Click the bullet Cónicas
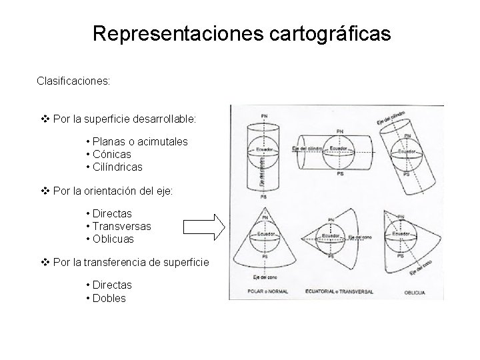(117, 155)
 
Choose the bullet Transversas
(122, 226)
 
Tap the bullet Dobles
(109, 298)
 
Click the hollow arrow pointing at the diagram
(205, 227)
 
